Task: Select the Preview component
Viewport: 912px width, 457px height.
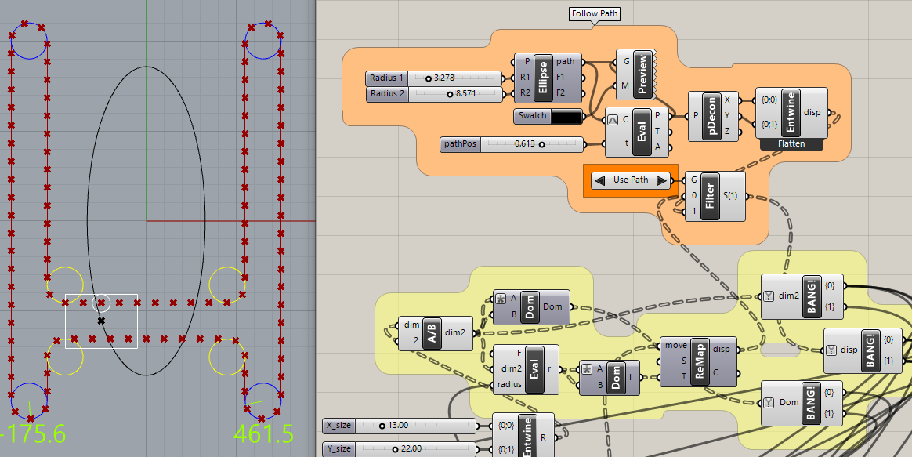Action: click(642, 74)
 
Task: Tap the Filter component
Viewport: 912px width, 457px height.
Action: click(710, 196)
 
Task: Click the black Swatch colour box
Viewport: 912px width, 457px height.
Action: click(567, 117)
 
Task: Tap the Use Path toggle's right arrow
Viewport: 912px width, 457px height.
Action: click(661, 180)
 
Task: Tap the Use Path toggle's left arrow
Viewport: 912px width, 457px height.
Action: click(600, 180)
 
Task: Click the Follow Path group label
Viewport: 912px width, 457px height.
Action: click(595, 14)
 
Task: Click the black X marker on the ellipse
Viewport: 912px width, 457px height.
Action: click(101, 321)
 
